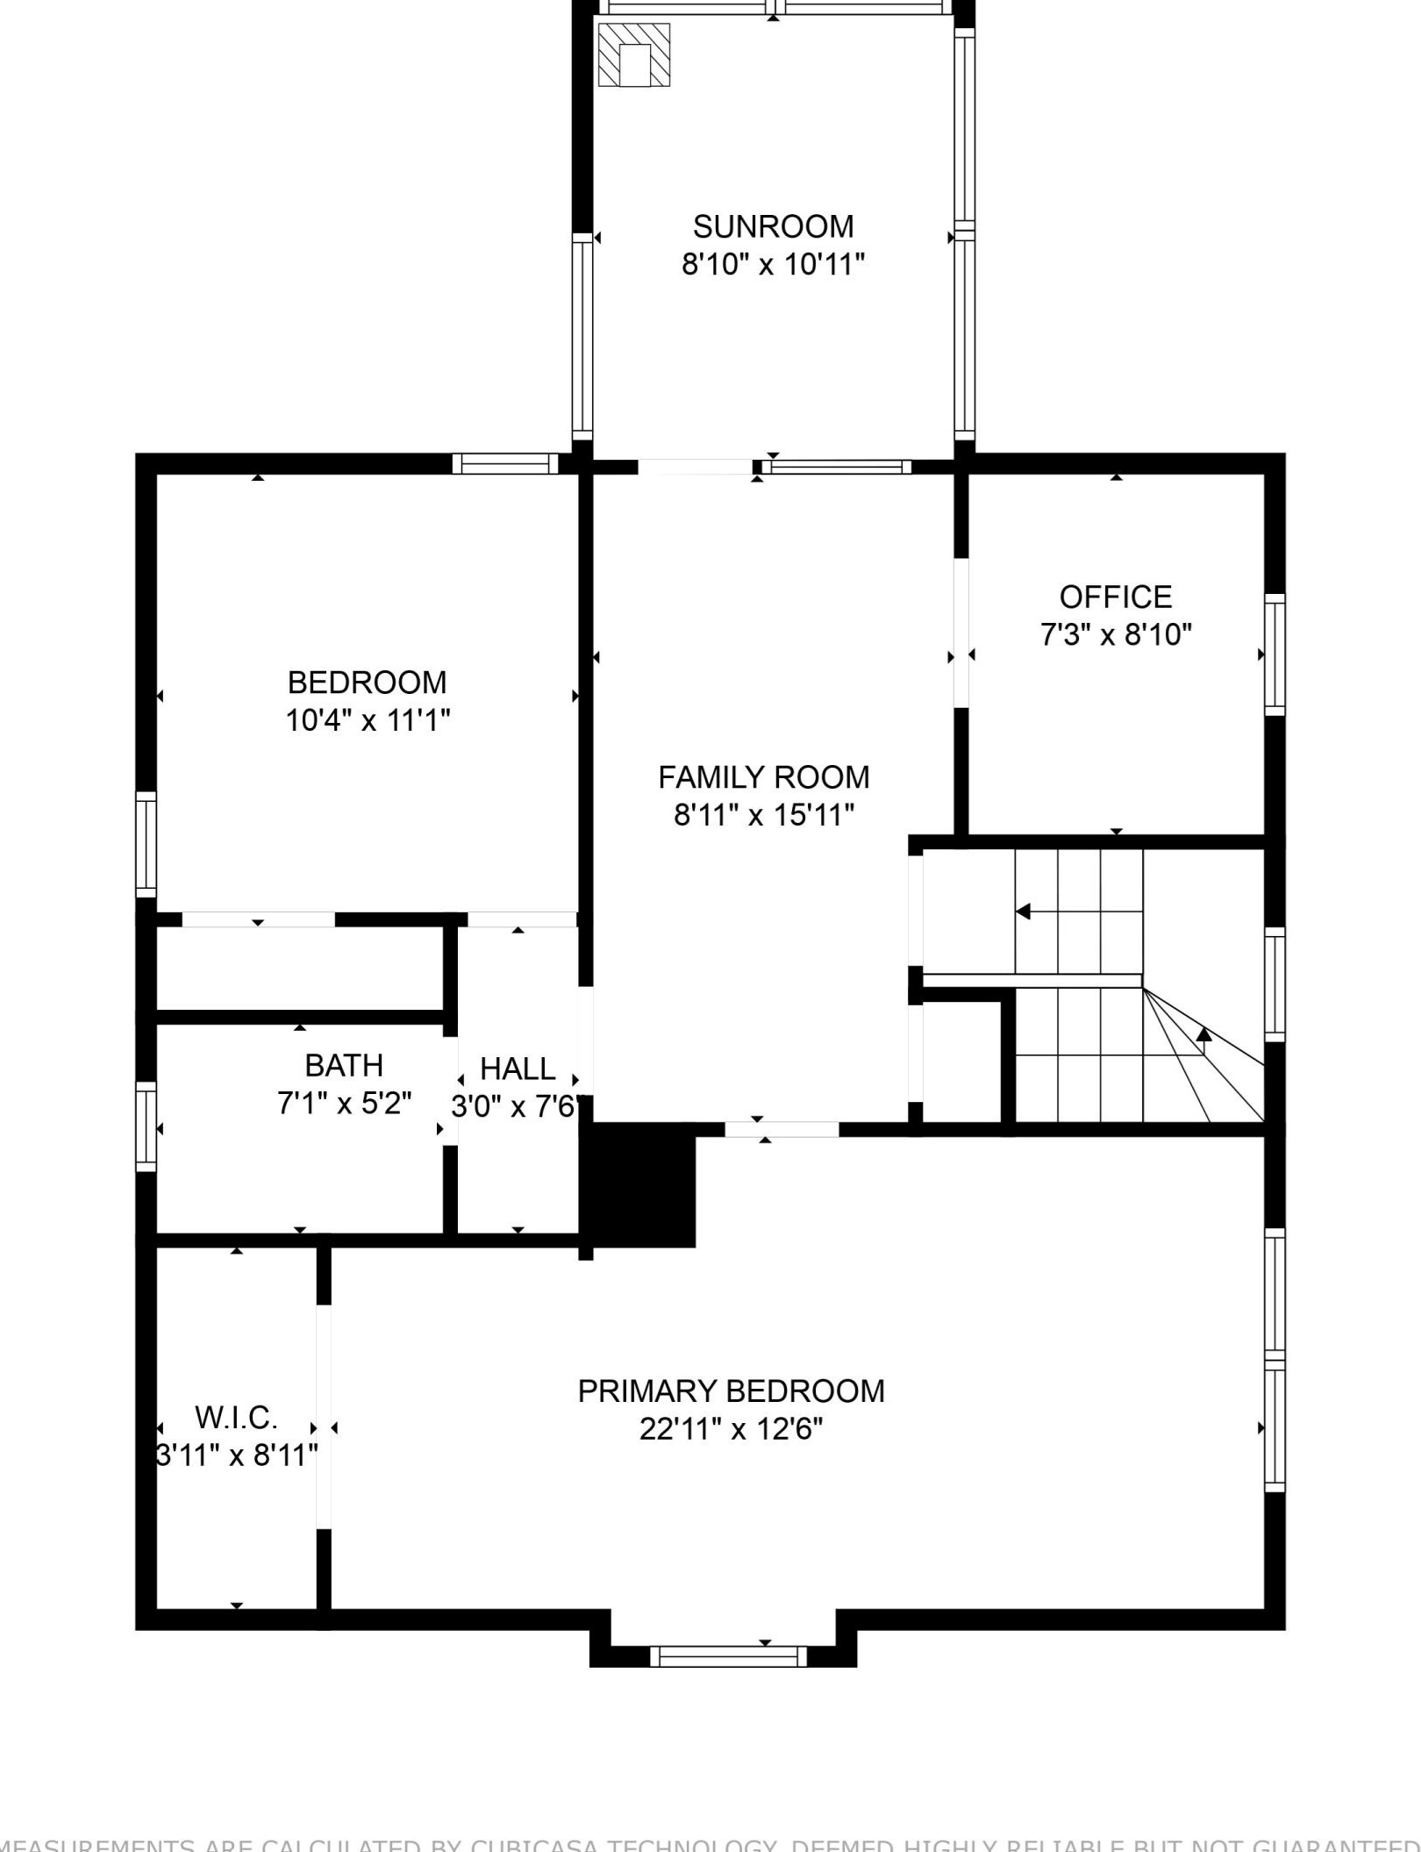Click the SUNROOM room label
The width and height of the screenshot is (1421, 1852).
coord(773,226)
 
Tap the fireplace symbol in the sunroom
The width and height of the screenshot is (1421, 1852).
coord(634,55)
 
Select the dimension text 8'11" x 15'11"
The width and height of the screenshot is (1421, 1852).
coord(764,815)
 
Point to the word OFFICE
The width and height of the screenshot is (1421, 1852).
coord(1116,597)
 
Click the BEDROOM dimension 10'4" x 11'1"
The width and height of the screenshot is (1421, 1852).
coord(368,720)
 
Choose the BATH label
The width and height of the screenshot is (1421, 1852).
coord(344,1065)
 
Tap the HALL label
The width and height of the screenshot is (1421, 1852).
coord(518,1069)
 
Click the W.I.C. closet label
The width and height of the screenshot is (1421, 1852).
coord(236,1417)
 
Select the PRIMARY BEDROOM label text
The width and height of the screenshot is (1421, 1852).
coord(731,1391)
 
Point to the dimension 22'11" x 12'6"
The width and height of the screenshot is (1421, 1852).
coord(731,1429)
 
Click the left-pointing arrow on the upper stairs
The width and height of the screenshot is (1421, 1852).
coord(1023,912)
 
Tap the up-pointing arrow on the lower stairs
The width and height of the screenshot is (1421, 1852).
coord(1204,1035)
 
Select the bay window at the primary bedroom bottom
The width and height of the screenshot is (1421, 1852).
coord(728,1656)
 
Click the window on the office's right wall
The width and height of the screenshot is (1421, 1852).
coord(1275,654)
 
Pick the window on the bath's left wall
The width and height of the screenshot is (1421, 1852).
coord(146,1126)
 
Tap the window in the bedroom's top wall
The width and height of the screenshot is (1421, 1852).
coord(505,463)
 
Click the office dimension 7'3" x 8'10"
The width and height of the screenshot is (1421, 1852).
coord(1116,634)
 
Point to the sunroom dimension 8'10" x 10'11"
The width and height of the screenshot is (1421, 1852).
coord(773,264)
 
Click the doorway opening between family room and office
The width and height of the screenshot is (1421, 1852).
coord(961,632)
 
